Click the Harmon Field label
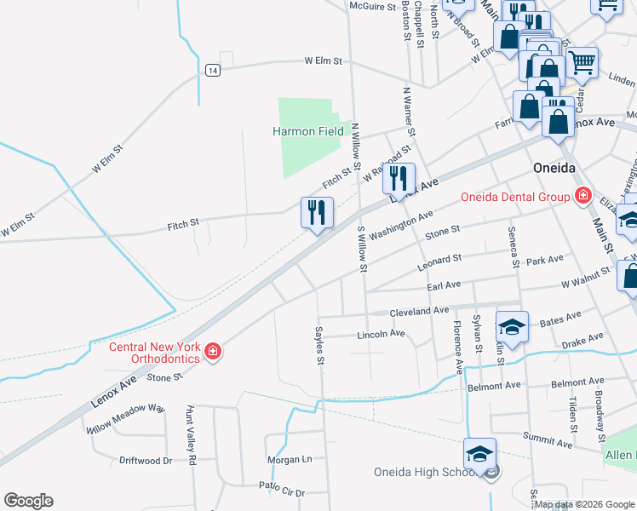307,132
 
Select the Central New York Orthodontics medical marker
213,351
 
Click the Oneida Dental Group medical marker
582,197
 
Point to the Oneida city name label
556,168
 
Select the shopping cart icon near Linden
582,60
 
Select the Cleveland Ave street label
419,312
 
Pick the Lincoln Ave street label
380,334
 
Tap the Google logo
28,501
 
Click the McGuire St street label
374,6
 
